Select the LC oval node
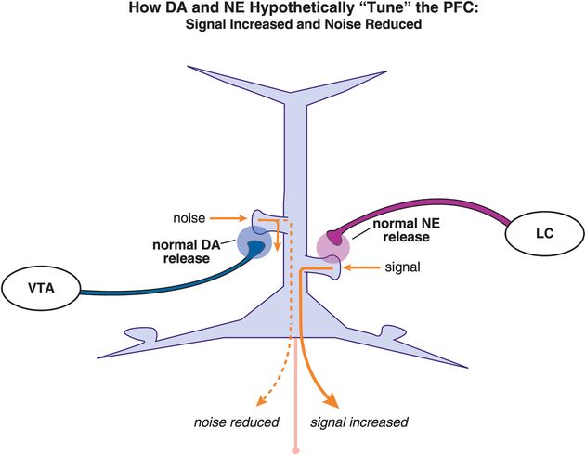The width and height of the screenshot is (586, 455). point(544,235)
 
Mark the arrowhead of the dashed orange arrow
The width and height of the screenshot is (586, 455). point(262,401)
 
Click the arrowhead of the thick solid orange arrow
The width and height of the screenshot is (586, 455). point(331,399)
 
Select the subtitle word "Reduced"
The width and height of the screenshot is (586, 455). point(395,26)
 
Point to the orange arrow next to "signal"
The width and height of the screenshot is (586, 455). point(358,266)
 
